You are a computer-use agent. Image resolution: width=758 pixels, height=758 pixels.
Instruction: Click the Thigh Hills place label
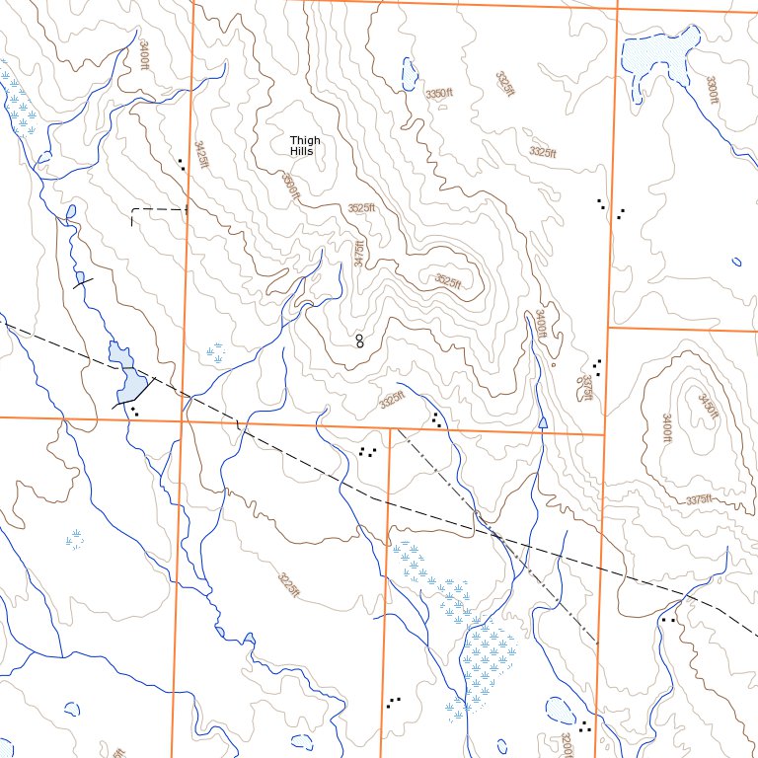(305, 146)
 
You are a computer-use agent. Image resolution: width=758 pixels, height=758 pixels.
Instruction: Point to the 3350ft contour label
(438, 93)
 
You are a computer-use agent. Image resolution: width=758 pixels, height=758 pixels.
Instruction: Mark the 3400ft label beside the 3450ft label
(666, 427)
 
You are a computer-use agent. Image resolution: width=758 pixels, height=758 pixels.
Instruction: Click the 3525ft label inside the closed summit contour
(448, 280)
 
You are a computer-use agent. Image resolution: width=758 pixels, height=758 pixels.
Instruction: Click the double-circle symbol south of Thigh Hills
(359, 341)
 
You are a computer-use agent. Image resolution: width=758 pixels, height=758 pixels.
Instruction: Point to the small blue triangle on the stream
(543, 422)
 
